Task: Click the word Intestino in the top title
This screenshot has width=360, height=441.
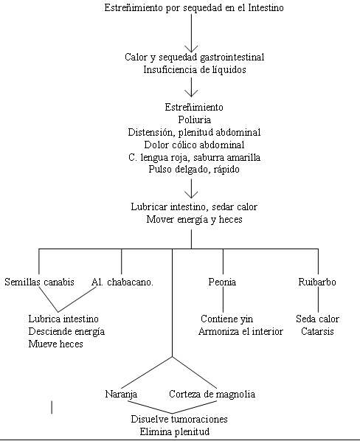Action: click(266, 7)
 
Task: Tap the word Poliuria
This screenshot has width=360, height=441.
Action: click(194, 119)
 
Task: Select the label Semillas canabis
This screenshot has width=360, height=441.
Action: click(39, 282)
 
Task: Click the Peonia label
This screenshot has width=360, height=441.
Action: click(222, 282)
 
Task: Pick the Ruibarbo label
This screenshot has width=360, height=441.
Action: click(317, 282)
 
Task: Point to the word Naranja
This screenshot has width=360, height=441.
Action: click(121, 394)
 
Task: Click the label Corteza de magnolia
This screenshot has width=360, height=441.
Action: click(212, 394)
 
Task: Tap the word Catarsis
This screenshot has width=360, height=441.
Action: click(317, 331)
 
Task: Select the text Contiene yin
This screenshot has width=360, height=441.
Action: click(227, 319)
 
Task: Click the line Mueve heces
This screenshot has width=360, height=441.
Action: click(55, 344)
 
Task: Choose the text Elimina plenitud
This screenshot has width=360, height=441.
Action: click(175, 431)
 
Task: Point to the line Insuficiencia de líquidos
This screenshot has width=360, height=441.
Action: click(195, 69)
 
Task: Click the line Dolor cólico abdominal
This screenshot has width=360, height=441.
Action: click(194, 145)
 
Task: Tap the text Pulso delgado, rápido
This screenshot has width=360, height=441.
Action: click(194, 170)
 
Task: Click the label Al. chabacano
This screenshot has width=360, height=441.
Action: click(122, 282)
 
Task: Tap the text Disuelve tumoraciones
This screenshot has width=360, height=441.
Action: click(179, 419)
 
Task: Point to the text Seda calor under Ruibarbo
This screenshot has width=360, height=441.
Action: click(317, 319)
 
